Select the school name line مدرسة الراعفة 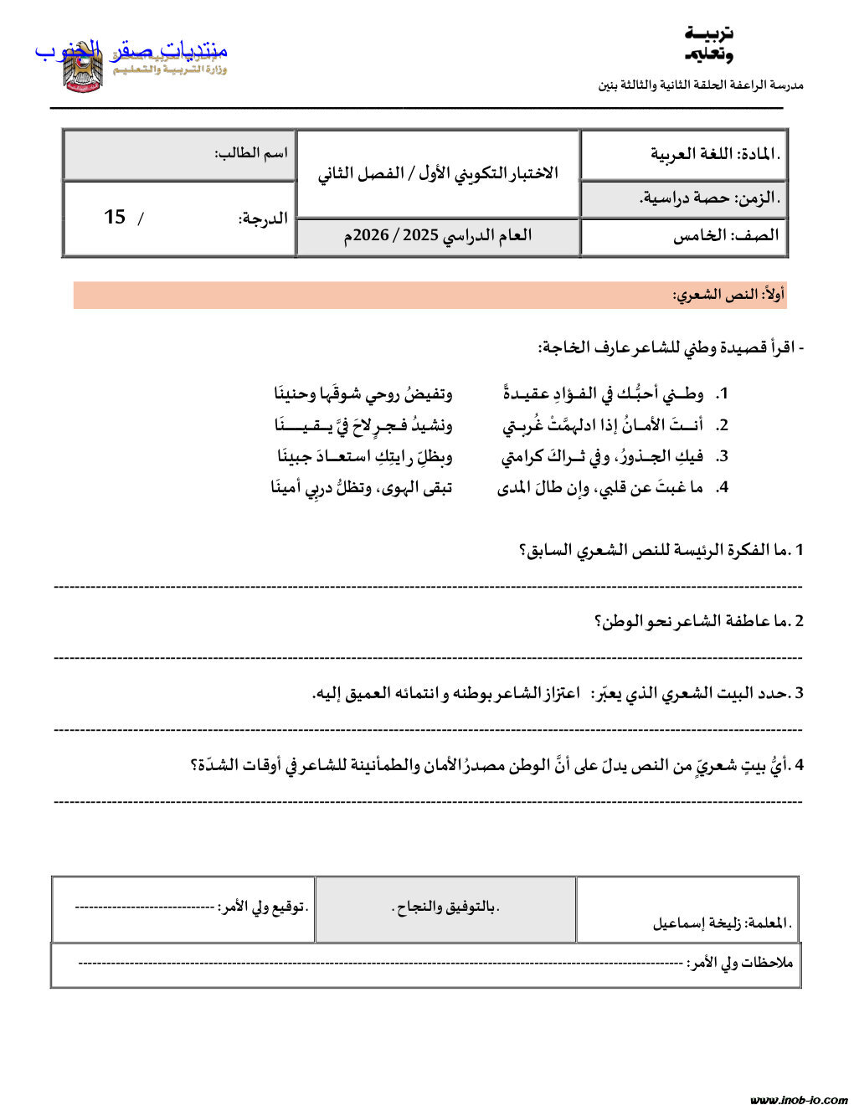[700, 85]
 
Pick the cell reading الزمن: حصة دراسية [709, 198]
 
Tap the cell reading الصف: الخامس [725, 235]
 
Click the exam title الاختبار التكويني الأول [437, 173]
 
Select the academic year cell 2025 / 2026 [437, 235]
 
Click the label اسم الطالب [250, 153]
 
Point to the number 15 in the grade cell [115, 217]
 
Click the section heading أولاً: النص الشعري [728, 295]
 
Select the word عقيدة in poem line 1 [526, 393]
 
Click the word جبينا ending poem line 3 [295, 456]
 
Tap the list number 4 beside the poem [723, 487]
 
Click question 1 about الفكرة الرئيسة [661, 550]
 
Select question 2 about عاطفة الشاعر [698, 621]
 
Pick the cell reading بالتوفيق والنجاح [445, 907]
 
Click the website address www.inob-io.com [799, 1099]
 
